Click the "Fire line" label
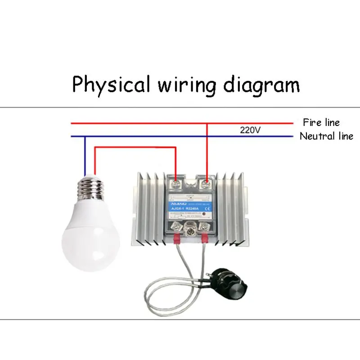click(321, 122)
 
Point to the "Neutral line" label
click(326, 136)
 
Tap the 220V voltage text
click(251, 130)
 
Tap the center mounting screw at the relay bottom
click(190, 232)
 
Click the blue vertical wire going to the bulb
click(85, 155)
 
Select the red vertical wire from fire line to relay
click(207, 151)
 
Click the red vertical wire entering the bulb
click(94, 160)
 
